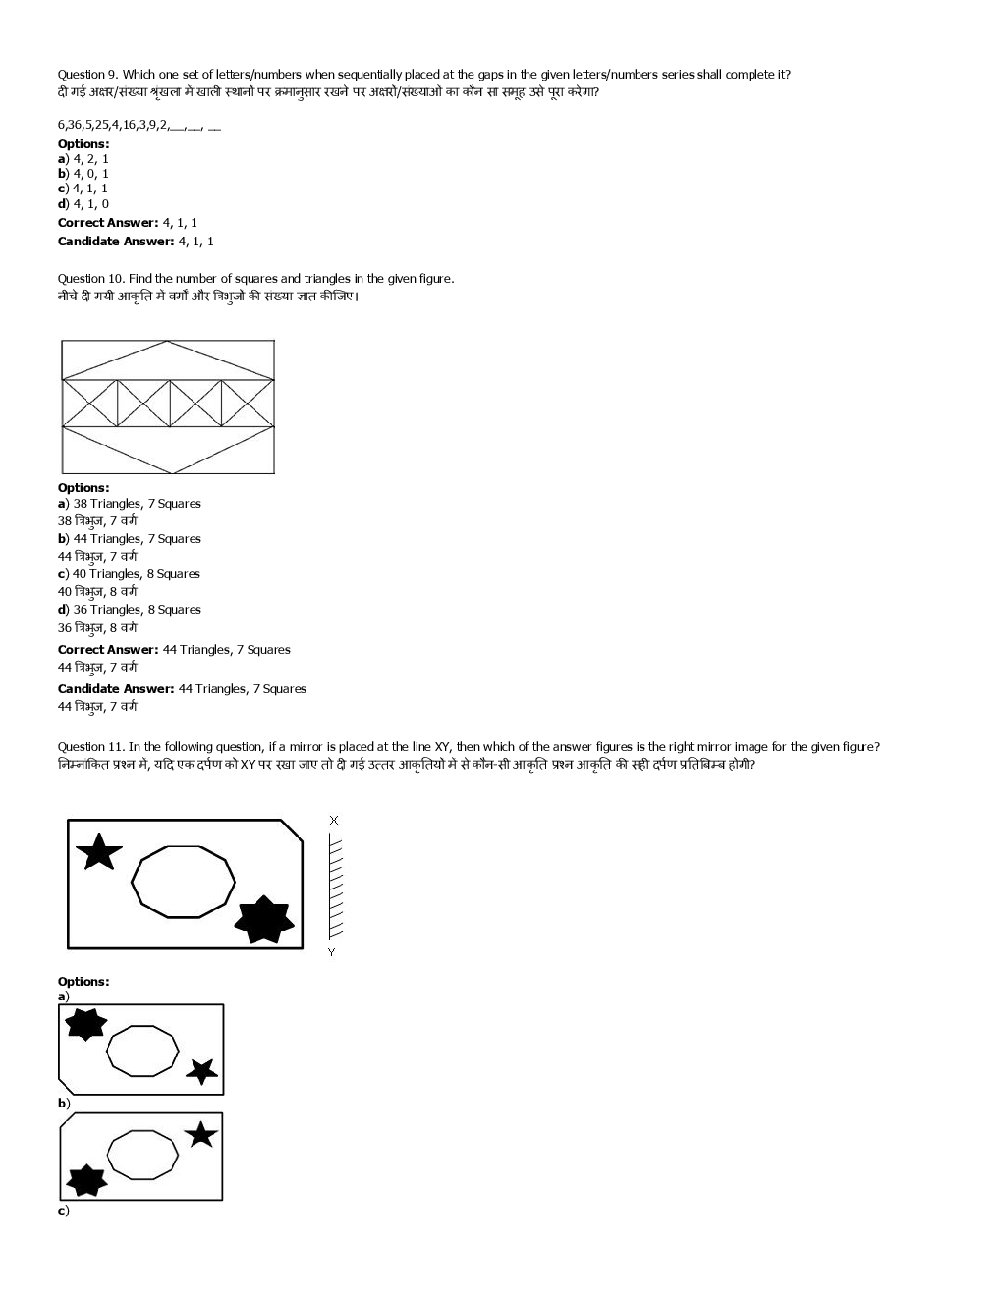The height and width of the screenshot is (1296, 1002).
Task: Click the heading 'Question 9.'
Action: click(x=88, y=74)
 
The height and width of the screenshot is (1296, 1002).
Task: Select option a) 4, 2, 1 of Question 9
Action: click(x=83, y=158)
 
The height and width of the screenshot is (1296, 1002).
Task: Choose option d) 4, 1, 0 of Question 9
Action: click(x=83, y=204)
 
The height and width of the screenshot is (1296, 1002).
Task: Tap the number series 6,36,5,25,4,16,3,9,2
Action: click(x=113, y=125)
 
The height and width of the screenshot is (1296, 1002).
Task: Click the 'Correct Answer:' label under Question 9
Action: click(x=108, y=223)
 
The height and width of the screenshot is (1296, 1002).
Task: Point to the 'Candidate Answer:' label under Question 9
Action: click(x=116, y=242)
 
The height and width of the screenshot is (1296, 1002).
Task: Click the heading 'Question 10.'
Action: click(x=91, y=279)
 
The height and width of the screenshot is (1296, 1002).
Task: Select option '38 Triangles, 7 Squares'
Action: click(x=130, y=504)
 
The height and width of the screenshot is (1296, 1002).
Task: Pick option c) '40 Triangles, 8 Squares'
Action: click(x=129, y=574)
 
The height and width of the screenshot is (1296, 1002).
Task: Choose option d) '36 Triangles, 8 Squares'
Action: click(x=130, y=610)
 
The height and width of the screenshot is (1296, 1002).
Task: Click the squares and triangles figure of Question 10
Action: click(x=168, y=406)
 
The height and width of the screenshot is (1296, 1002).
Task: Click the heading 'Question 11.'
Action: click(x=91, y=747)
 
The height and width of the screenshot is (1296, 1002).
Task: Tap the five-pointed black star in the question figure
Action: click(x=98, y=851)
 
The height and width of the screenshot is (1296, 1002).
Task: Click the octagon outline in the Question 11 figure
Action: click(x=184, y=882)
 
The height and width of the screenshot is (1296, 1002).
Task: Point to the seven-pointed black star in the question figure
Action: click(x=264, y=919)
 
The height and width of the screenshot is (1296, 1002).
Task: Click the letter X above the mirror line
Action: click(x=334, y=820)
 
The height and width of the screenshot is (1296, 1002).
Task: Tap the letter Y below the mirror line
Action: click(x=331, y=952)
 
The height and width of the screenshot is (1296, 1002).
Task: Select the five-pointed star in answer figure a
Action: click(x=202, y=1070)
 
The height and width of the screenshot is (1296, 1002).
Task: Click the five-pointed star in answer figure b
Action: click(x=200, y=1134)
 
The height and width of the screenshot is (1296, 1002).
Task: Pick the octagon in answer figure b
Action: click(x=142, y=1155)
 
